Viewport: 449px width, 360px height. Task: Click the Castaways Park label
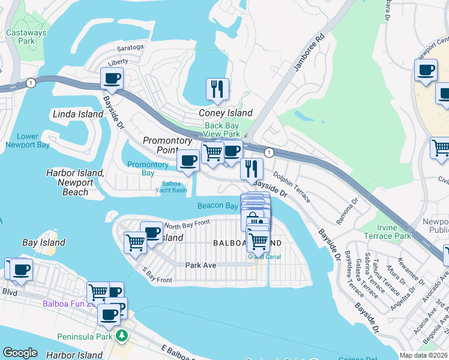(19, 37)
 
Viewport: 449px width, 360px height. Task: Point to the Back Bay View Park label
(222, 130)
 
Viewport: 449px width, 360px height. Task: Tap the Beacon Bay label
(218, 206)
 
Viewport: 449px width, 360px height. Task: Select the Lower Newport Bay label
(26, 140)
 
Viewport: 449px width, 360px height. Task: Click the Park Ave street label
(200, 265)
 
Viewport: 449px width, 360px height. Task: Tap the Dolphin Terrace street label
(291, 187)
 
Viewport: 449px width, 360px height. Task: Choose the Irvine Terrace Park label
(386, 232)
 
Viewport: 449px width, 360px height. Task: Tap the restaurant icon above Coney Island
(217, 88)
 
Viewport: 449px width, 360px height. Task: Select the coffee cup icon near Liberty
(112, 77)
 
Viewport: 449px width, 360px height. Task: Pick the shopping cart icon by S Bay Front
(135, 242)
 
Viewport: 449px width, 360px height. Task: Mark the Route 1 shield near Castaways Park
(29, 82)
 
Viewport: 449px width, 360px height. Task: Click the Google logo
(20, 353)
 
